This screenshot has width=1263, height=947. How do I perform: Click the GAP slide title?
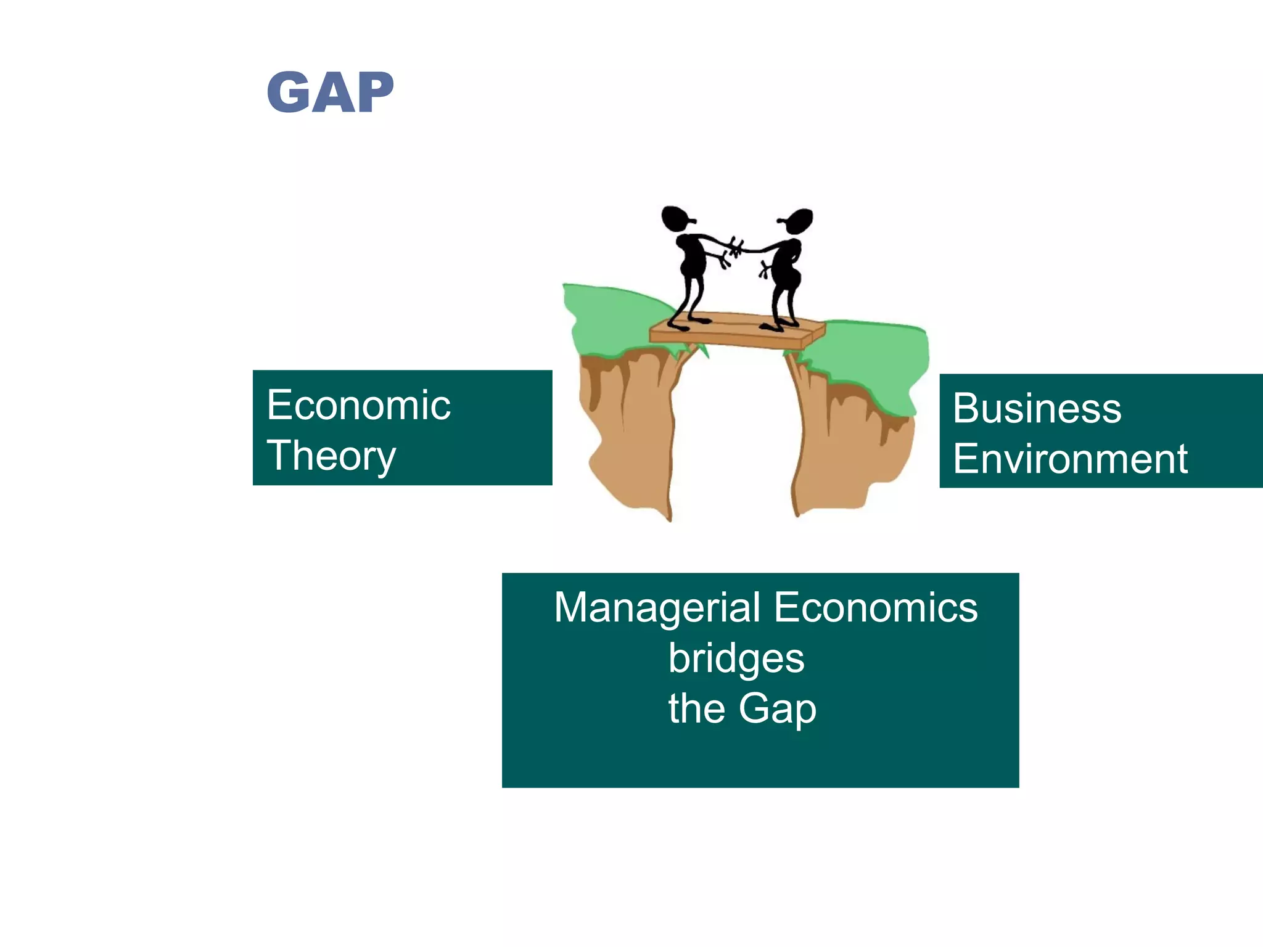(x=330, y=92)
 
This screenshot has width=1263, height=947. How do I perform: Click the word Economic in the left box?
(x=358, y=406)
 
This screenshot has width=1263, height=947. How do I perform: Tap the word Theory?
(x=331, y=456)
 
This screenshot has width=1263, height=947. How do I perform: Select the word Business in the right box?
(x=1037, y=409)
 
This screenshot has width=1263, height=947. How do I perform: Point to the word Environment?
(x=1070, y=459)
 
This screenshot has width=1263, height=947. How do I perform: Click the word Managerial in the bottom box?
(x=657, y=608)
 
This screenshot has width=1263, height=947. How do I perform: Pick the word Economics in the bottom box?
(x=875, y=608)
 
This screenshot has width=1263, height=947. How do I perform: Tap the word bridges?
(x=736, y=658)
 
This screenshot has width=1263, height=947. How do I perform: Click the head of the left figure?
(x=676, y=218)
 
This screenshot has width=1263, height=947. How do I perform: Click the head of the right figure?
(x=799, y=221)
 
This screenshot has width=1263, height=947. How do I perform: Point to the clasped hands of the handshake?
(x=736, y=248)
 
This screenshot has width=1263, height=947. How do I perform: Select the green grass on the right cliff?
(x=876, y=358)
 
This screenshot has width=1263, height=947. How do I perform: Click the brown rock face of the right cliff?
(x=845, y=450)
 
